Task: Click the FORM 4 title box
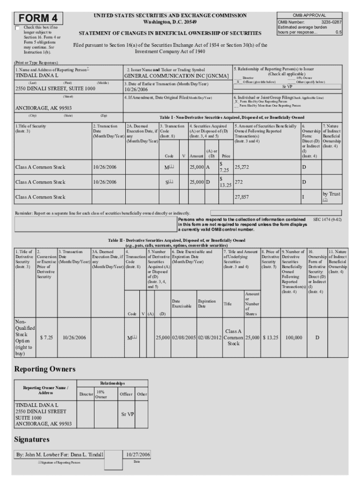click(x=39, y=18)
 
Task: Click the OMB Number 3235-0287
click(x=309, y=22)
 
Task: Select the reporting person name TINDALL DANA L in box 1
click(x=37, y=75)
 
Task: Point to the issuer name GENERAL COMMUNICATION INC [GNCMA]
click(x=176, y=76)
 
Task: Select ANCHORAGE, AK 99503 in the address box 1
click(x=43, y=108)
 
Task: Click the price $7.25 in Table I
click(x=223, y=167)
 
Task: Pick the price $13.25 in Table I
click(x=225, y=182)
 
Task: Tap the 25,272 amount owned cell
click(x=242, y=167)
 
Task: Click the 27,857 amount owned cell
click(x=242, y=197)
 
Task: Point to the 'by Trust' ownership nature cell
click(x=331, y=194)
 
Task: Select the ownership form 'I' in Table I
click(x=303, y=197)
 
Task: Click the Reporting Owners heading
click(x=44, y=369)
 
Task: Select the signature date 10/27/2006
click(x=138, y=454)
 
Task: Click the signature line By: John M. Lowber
click(x=60, y=454)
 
